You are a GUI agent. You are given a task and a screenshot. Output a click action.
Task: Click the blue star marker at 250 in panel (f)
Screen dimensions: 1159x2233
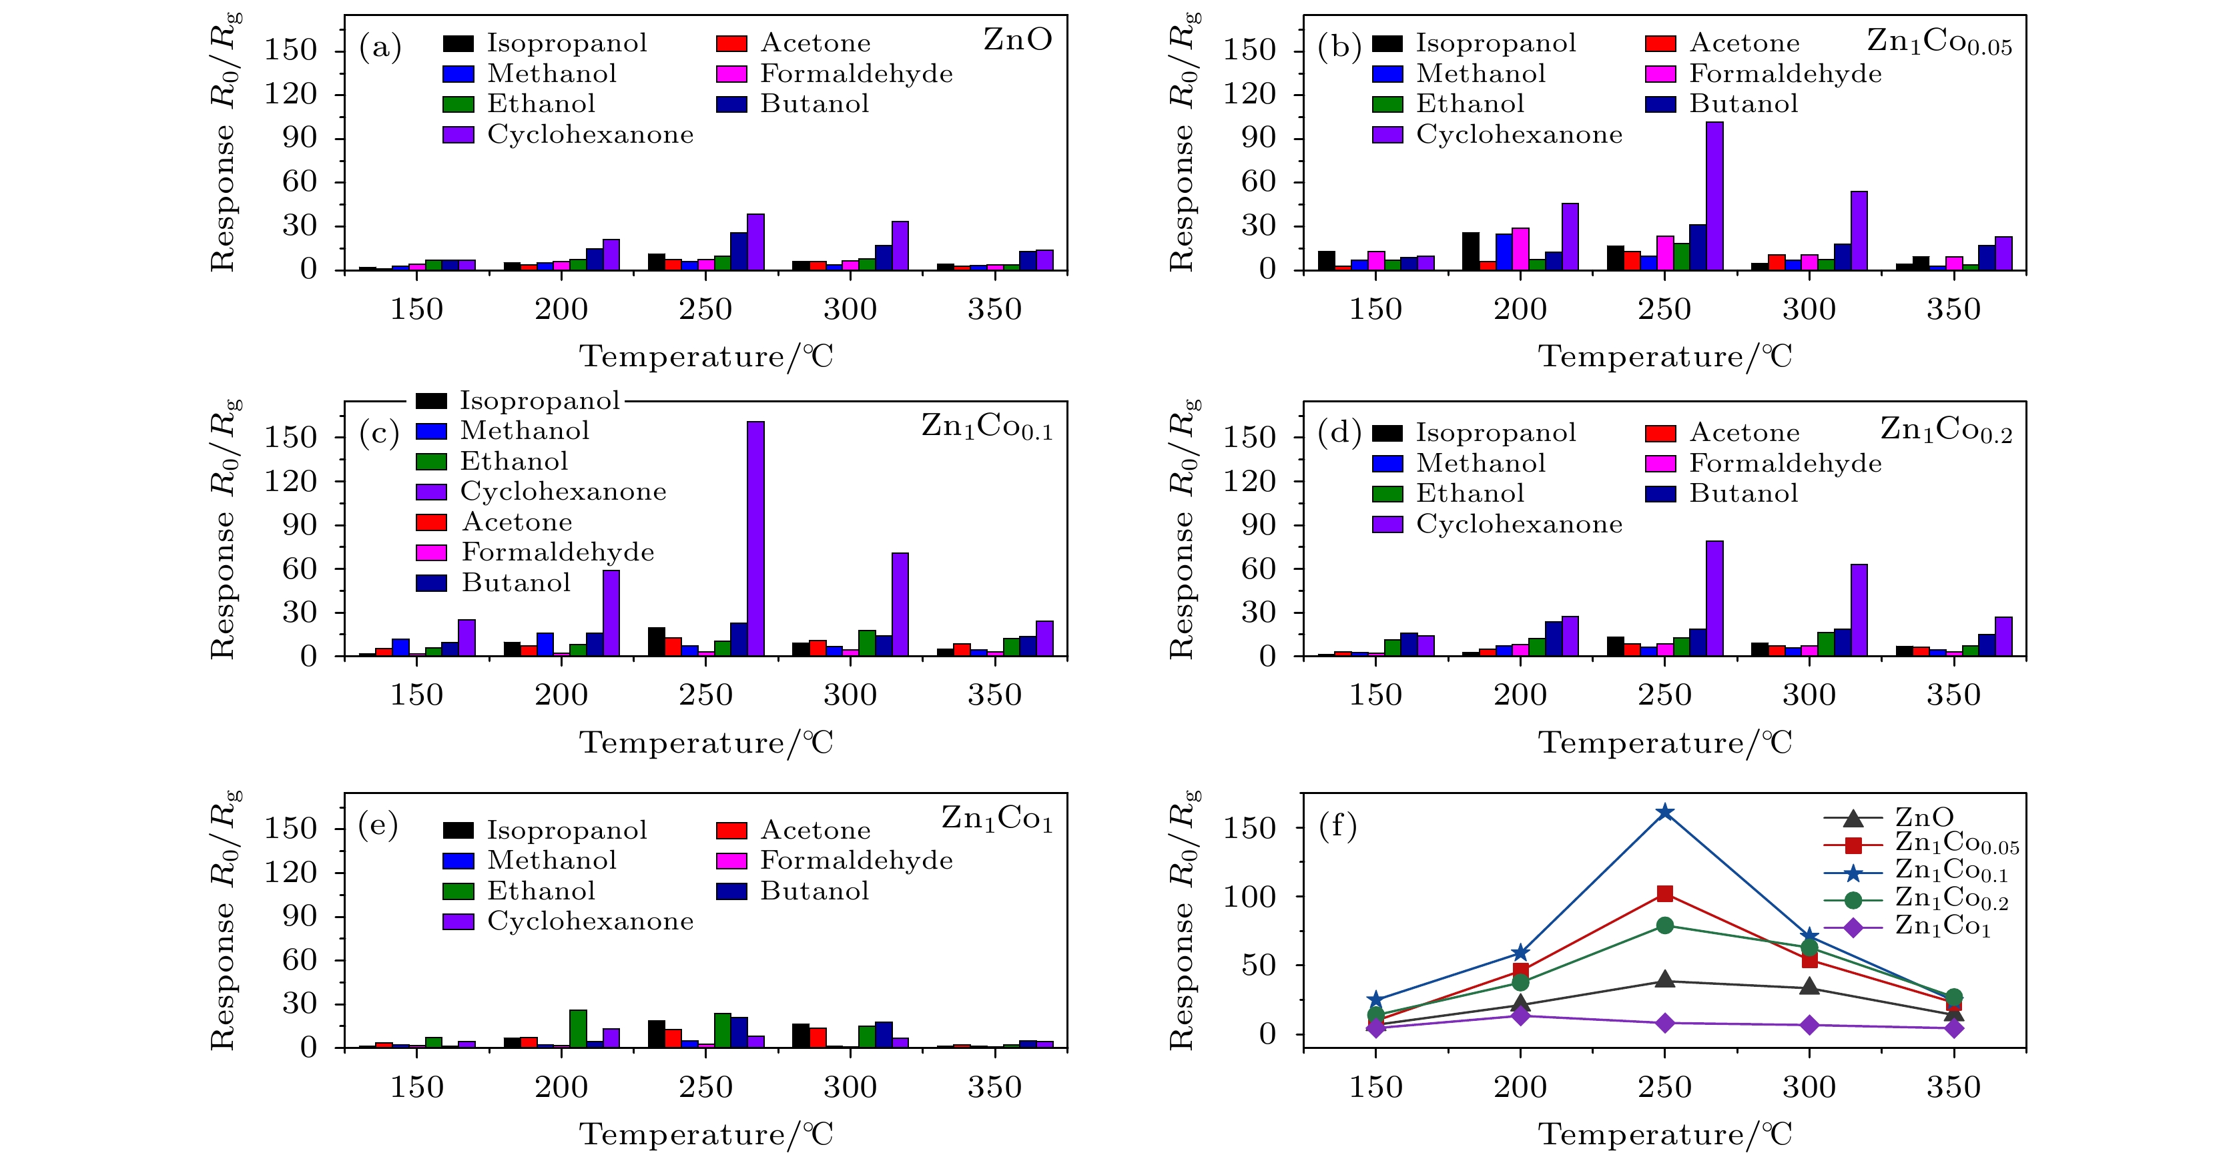click(x=1664, y=812)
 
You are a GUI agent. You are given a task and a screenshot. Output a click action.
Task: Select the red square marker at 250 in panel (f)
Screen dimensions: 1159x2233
click(x=1664, y=893)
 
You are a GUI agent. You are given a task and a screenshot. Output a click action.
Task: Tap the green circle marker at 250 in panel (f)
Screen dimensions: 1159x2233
click(x=1664, y=926)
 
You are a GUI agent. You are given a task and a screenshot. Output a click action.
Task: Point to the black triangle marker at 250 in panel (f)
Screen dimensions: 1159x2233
click(x=1664, y=980)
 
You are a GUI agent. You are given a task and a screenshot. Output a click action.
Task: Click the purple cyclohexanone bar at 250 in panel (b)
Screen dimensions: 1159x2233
click(x=1714, y=196)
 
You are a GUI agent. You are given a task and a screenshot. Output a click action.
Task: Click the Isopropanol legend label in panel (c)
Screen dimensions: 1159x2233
click(x=539, y=400)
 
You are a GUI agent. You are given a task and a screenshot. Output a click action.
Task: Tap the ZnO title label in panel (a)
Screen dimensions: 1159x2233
click(x=1017, y=40)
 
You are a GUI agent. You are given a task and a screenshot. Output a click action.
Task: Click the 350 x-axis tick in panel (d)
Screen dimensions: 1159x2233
click(x=1953, y=695)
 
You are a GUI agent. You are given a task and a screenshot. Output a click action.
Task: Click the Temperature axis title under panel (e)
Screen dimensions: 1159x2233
click(x=705, y=1134)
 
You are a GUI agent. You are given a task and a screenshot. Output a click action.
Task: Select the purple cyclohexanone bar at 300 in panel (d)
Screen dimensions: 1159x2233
click(x=1859, y=611)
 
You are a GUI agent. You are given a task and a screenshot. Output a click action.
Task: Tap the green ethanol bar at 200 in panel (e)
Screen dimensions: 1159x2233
click(x=578, y=1028)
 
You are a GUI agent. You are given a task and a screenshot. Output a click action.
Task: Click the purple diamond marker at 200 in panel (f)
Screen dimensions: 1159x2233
click(x=1520, y=1015)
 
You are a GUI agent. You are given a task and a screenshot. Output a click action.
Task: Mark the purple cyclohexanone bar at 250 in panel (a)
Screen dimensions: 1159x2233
click(x=755, y=242)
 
